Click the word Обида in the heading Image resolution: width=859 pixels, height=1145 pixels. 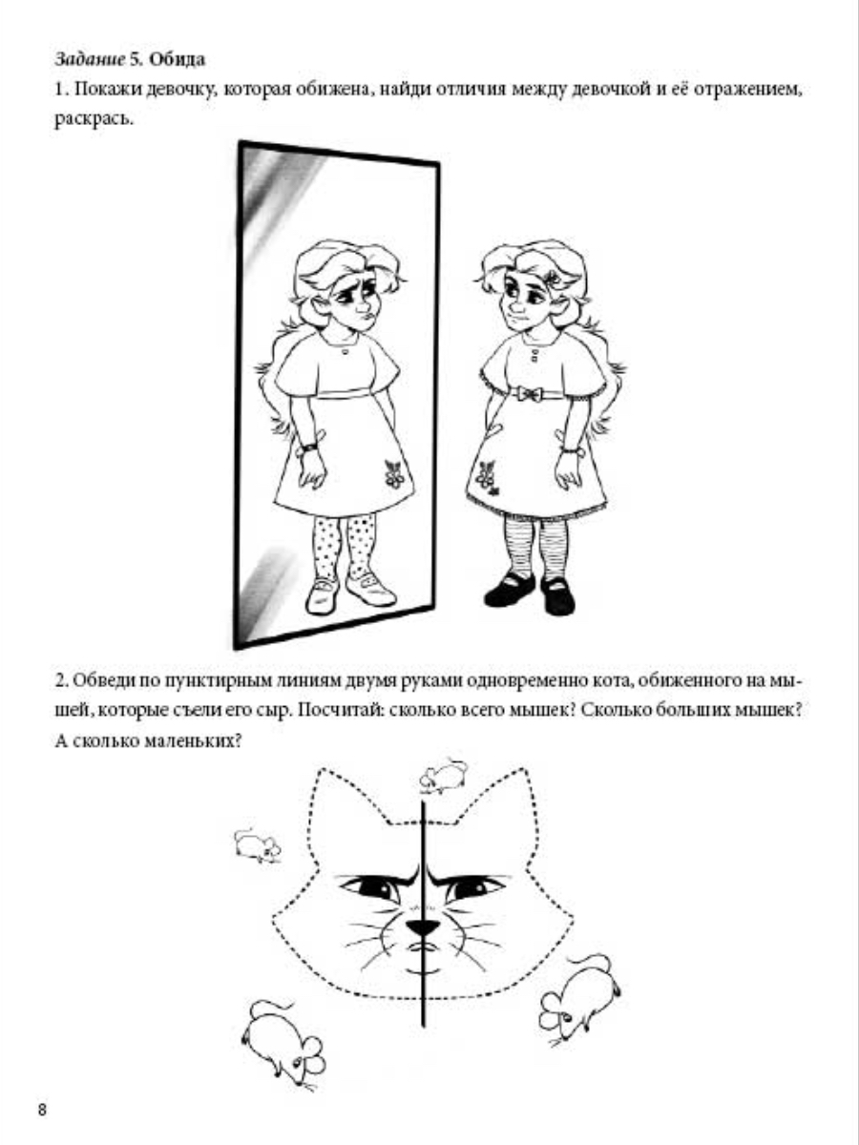point(177,59)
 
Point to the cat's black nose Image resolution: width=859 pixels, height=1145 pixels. point(423,926)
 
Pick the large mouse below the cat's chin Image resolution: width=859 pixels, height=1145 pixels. point(284,1044)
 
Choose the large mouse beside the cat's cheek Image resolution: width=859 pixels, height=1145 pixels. point(579,990)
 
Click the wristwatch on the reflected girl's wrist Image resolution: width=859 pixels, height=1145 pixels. point(308,448)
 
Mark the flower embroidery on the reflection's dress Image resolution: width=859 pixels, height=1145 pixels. point(394,473)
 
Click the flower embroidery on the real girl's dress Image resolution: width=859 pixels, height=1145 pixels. point(488,477)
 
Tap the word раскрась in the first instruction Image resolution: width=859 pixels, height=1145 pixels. point(92,120)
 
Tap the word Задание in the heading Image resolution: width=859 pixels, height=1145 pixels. point(90,60)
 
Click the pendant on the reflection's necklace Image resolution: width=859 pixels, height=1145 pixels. point(345,350)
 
